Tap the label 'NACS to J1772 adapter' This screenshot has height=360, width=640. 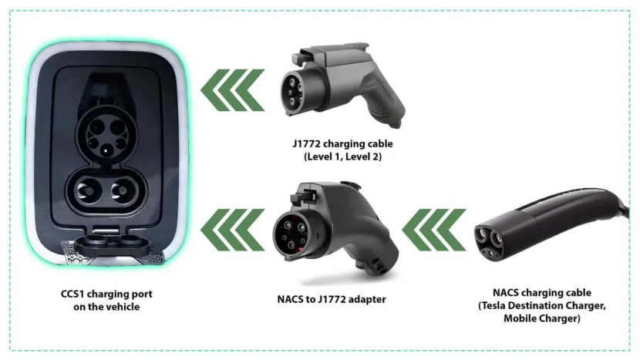332,298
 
